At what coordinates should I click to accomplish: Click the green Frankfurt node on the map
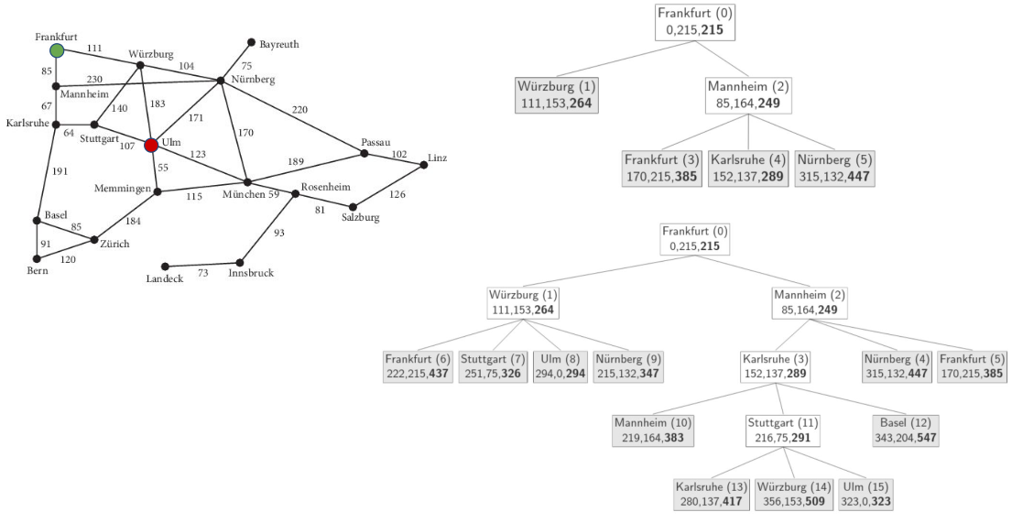click(x=57, y=50)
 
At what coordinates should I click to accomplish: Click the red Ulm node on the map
click(x=152, y=145)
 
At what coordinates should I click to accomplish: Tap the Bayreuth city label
click(x=279, y=44)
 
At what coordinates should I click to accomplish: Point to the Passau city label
click(x=375, y=142)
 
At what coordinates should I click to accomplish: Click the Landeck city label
click(x=165, y=278)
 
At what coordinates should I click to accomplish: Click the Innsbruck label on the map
click(x=252, y=273)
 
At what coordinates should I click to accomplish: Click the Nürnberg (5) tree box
click(x=835, y=168)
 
